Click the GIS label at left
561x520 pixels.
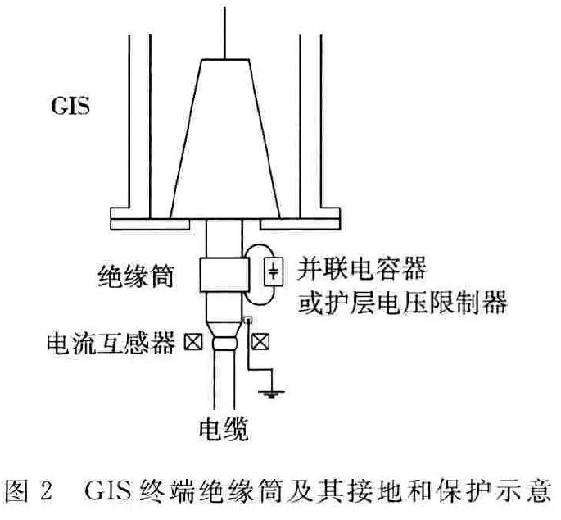pos(70,106)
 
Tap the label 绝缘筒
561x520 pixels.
pos(136,276)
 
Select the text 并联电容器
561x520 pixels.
pos(362,268)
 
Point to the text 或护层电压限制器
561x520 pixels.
pos(403,302)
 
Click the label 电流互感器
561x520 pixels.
pos(111,343)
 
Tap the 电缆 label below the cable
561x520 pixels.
pos(224,429)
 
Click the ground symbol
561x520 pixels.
pos(272,395)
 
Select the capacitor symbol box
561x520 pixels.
pos(274,271)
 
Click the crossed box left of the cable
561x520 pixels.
pos(193,342)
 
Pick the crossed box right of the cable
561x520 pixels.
pos(260,342)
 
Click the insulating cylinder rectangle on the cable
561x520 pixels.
pos(224,275)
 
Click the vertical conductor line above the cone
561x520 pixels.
pos(224,33)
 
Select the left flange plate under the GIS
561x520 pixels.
pos(150,224)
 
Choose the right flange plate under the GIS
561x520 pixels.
pos(300,224)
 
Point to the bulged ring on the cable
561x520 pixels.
pos(224,343)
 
